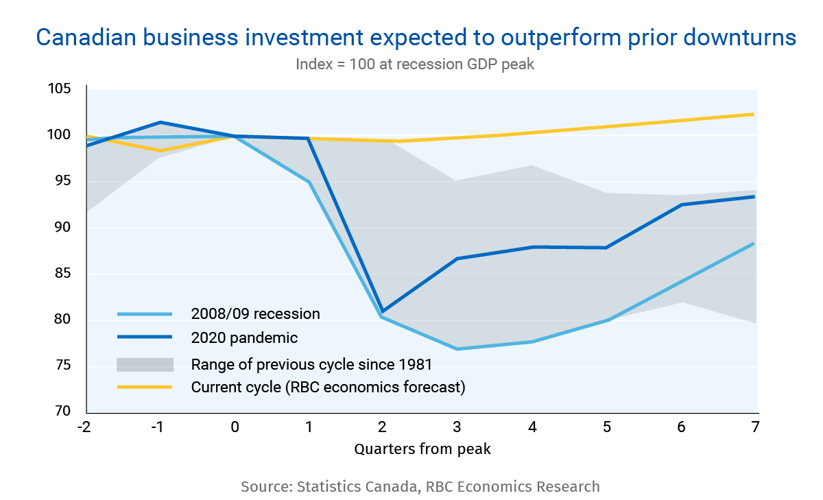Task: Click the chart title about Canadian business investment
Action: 416,38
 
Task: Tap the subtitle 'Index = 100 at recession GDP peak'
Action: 415,64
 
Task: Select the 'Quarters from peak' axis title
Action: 422,450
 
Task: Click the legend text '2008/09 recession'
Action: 255,314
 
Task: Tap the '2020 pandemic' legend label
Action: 244,337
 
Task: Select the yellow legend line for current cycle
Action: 145,388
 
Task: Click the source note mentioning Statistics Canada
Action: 420,487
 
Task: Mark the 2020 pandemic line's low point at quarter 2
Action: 383,312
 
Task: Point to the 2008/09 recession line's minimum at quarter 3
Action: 457,349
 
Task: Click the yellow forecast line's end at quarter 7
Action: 754,114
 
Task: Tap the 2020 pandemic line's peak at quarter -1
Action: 160,122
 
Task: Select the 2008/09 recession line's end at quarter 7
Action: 754,243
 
